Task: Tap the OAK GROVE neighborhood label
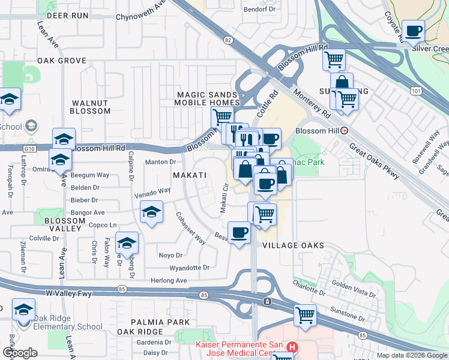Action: tap(62, 61)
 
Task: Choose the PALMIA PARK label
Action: tap(145, 322)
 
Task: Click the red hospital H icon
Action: tap(292, 347)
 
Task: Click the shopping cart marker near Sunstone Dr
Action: tap(305, 314)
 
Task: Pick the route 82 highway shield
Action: tap(228, 40)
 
